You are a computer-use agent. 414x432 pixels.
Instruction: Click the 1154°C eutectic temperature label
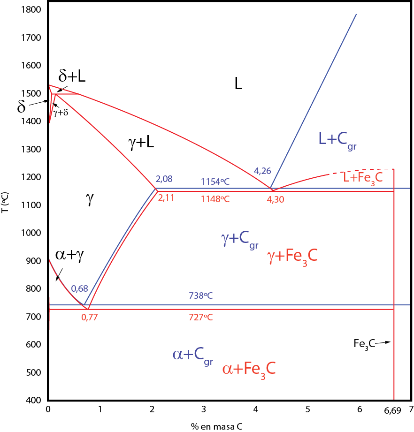(215, 182)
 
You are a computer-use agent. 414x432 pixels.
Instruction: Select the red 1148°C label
(215, 199)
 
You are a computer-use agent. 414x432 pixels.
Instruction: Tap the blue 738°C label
(201, 296)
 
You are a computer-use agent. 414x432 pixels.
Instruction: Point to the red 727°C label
(201, 317)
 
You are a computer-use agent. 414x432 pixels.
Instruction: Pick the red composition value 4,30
(276, 199)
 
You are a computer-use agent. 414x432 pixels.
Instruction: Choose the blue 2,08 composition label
(164, 179)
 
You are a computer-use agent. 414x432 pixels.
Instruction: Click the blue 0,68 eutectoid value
(79, 288)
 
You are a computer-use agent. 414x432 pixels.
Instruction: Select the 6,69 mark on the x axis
(393, 411)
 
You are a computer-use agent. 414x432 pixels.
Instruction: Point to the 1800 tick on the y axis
(31, 10)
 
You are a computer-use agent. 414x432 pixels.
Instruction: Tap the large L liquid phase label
(238, 84)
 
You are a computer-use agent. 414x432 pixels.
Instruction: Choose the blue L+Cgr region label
(337, 139)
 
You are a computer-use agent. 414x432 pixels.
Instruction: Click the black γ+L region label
(141, 143)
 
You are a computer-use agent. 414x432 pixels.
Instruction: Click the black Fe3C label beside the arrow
(364, 344)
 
